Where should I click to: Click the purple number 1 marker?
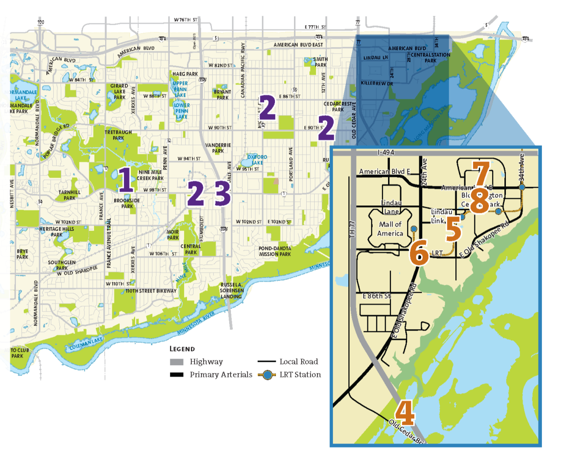pyautogui.click(x=125, y=180)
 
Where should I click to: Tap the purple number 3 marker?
pyautogui.click(x=223, y=193)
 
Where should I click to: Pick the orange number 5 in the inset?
pyautogui.click(x=453, y=229)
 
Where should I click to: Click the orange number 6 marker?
pyautogui.click(x=419, y=252)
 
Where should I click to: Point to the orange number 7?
pyautogui.click(x=481, y=173)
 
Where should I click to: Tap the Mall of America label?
pyautogui.click(x=390, y=229)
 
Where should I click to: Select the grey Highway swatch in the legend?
pyautogui.click(x=177, y=362)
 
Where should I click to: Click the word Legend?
pyautogui.click(x=182, y=349)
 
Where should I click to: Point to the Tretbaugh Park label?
pyautogui.click(x=118, y=135)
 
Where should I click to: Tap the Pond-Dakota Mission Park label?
pyautogui.click(x=275, y=251)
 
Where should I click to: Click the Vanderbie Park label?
pyautogui.click(x=218, y=148)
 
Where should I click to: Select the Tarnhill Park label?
pyautogui.click(x=70, y=195)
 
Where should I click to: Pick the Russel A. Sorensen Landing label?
pyautogui.click(x=231, y=290)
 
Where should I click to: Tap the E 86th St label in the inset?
pyautogui.click(x=377, y=296)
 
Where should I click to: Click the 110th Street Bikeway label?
pyautogui.click(x=151, y=291)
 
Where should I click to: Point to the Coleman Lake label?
pyautogui.click(x=86, y=344)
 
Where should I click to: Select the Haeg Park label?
pyautogui.click(x=185, y=74)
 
